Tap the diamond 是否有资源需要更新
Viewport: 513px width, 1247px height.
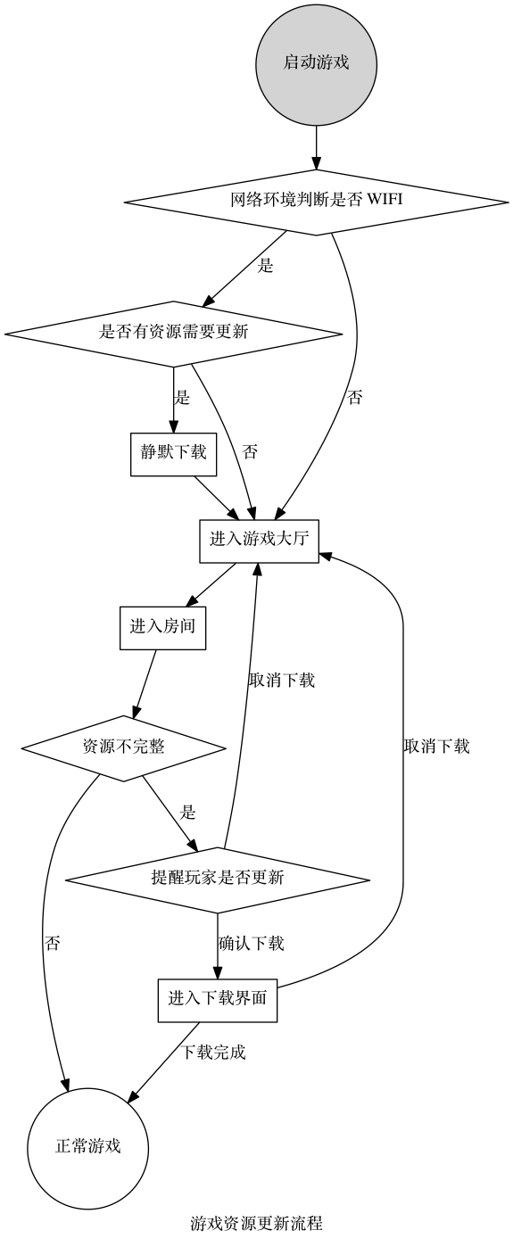point(173,333)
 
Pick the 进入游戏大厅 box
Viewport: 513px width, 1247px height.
point(259,540)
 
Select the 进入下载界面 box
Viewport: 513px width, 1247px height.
point(218,999)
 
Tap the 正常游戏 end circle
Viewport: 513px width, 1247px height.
point(87,1147)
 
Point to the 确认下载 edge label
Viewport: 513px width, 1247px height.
point(251,944)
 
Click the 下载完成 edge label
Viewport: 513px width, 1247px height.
point(213,1053)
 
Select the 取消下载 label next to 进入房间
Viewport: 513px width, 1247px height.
point(281,681)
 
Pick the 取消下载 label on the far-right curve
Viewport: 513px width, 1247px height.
point(436,747)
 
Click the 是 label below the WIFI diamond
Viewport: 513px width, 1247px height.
point(265,266)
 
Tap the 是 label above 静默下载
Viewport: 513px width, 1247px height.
point(182,399)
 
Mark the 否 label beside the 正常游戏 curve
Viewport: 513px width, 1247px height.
point(53,944)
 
